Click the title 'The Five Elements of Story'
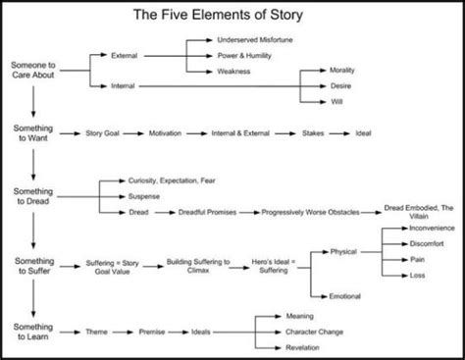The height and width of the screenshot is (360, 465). point(232,16)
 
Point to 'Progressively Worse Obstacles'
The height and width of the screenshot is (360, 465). point(310,210)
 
